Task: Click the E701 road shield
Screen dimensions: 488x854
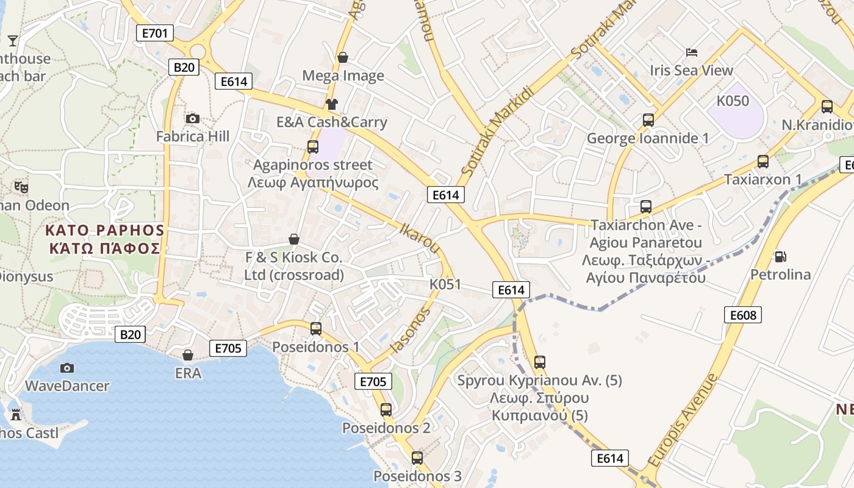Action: [x=154, y=32]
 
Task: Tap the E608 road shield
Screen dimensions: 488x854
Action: [x=743, y=315]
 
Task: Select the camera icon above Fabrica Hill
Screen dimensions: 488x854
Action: [x=193, y=118]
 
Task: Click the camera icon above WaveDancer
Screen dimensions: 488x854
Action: [x=67, y=368]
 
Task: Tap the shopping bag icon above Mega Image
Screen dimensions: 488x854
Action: [x=343, y=57]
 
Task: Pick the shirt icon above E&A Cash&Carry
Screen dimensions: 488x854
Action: [x=331, y=104]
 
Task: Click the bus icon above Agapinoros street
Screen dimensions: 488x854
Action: [x=313, y=146]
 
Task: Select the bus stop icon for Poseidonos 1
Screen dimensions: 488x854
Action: [x=316, y=329]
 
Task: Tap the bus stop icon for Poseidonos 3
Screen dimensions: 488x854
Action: [x=417, y=457]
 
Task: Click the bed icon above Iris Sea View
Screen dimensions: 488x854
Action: [x=692, y=52]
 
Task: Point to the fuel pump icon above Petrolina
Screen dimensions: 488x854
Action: [x=780, y=256]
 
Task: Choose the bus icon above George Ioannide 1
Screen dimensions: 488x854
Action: [x=648, y=120]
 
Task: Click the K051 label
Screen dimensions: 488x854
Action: [x=445, y=284]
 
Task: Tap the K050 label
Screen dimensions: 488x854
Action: [x=733, y=101]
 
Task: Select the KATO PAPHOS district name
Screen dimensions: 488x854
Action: [x=105, y=231]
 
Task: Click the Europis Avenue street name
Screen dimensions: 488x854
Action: [x=683, y=419]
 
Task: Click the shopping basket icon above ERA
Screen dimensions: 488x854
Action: [x=188, y=355]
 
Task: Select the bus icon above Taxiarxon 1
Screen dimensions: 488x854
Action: [x=763, y=162]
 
